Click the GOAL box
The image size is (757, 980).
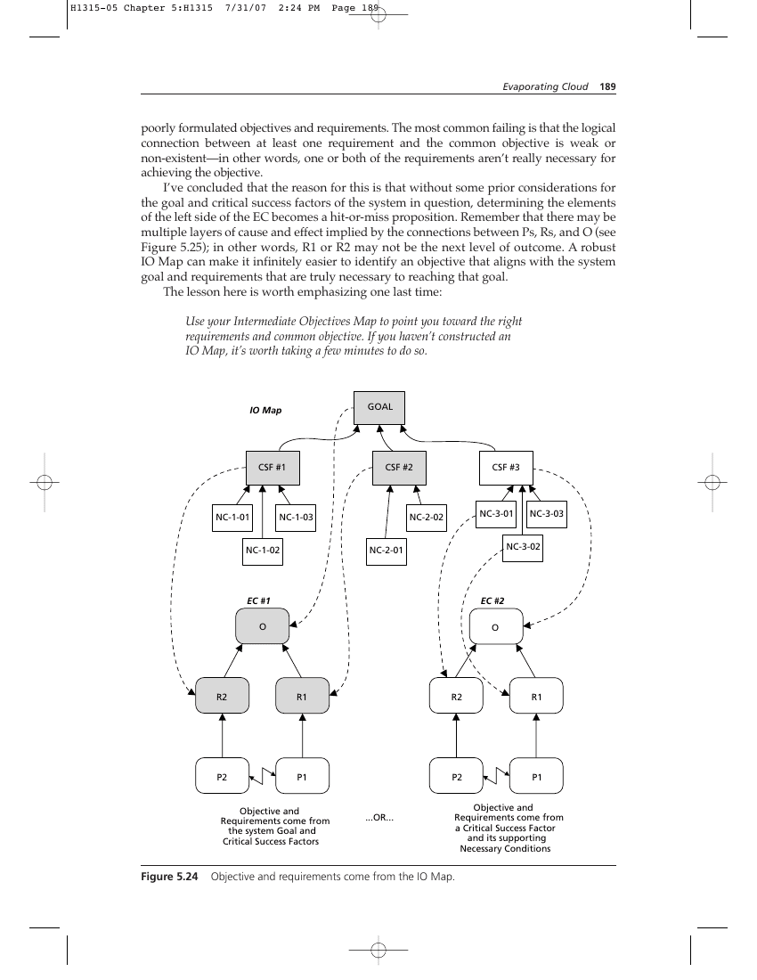379,407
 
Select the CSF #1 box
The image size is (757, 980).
273,468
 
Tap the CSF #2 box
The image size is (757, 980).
399,468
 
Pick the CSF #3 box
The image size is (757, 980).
506,468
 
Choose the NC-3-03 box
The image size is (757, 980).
547,514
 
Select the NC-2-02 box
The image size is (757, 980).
426,518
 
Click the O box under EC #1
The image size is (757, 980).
263,627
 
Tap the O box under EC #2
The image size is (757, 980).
496,627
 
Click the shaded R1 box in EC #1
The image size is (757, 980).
302,697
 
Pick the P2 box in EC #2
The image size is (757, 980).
457,776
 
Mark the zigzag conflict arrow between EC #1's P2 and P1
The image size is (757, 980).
263,776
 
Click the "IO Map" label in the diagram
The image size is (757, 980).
265,411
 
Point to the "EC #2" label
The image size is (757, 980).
492,601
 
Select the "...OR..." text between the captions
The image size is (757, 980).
379,818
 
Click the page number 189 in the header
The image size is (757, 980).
607,87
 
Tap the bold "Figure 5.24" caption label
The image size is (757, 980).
169,877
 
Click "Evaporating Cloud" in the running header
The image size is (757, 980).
545,87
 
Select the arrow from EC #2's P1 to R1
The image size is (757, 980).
536,736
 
